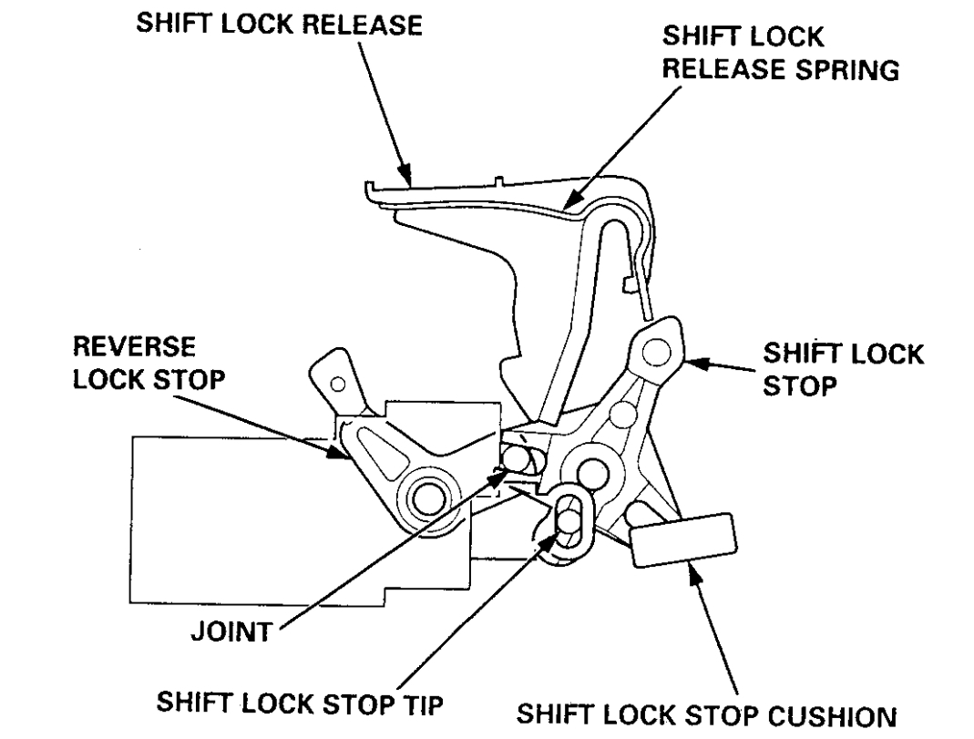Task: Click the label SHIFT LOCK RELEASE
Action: [280, 26]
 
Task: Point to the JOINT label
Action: [230, 631]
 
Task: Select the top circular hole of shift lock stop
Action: [658, 348]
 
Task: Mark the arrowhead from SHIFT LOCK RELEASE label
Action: [407, 172]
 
